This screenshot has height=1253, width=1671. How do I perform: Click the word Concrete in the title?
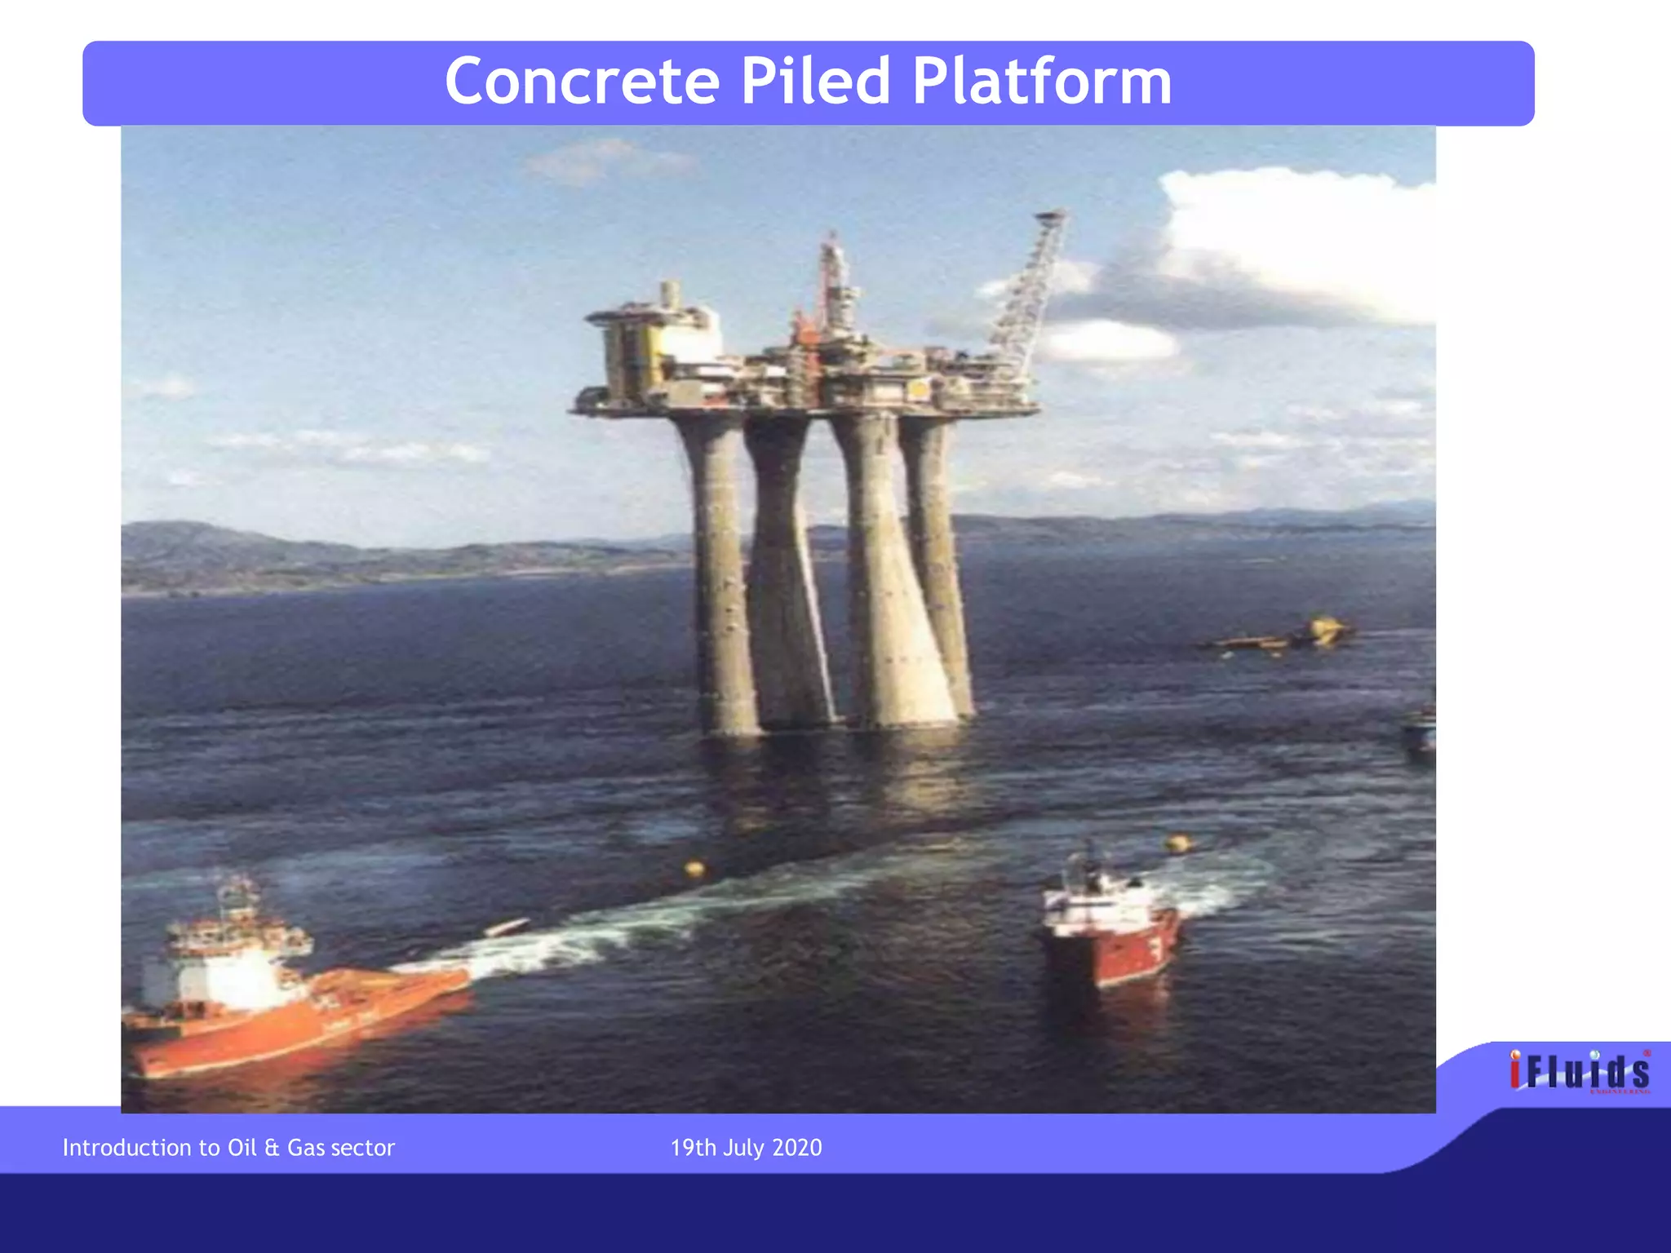pos(582,82)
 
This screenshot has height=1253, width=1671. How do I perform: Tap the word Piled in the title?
pos(815,82)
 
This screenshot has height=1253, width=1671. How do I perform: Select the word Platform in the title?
pos(1041,82)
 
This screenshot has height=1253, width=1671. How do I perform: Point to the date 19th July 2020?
pos(746,1148)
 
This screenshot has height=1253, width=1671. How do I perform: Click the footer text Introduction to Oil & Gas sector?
pos(228,1148)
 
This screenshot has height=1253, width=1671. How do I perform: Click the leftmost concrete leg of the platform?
pos(718,571)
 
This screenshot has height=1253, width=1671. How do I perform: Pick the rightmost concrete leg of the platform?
pos(938,563)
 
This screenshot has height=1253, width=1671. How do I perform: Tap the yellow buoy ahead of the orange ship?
pos(694,869)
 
